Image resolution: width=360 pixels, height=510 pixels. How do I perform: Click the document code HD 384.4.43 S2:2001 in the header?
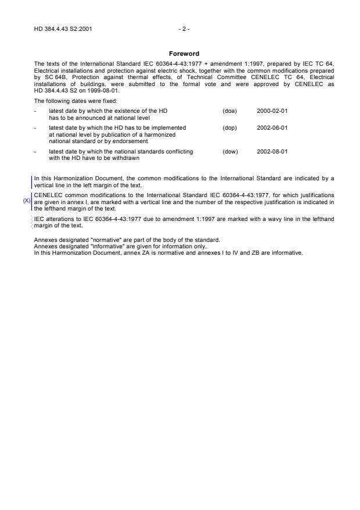62,28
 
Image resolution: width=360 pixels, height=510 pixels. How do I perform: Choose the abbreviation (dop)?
230,127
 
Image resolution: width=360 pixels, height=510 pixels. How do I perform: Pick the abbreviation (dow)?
230,151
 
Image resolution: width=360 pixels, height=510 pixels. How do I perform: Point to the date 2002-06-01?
272,127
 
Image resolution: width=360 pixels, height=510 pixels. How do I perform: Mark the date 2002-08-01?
272,151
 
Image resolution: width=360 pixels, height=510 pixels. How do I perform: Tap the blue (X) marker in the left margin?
26,200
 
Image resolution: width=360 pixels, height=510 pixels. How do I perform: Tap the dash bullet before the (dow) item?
35,151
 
